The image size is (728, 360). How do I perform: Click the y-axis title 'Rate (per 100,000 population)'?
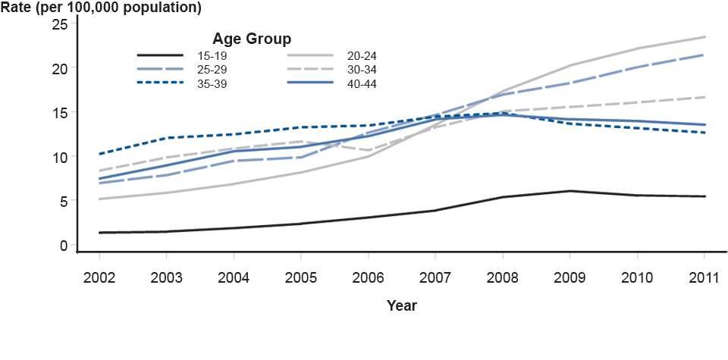(x=101, y=9)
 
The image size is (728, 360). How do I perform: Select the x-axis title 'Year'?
(x=401, y=305)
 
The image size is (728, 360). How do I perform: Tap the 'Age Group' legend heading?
(x=252, y=38)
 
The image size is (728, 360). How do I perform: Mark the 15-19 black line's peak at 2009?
(x=570, y=191)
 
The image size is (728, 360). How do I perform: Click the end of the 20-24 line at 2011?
(x=705, y=36)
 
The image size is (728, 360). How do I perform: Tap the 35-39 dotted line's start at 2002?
(x=99, y=154)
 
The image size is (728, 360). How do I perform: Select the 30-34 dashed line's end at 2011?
(x=705, y=97)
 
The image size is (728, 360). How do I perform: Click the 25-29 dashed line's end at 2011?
(x=705, y=55)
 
